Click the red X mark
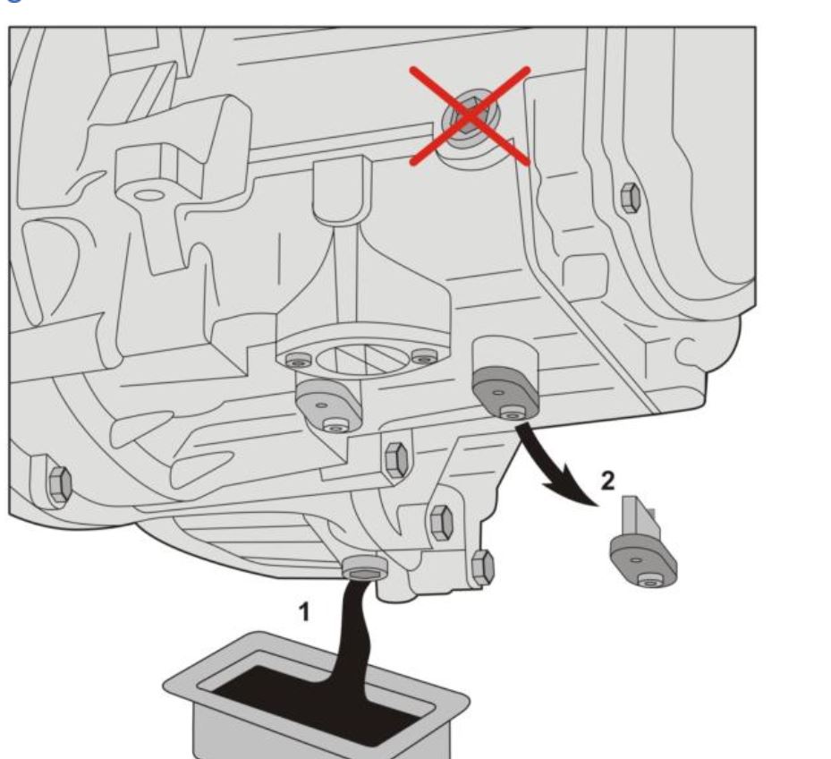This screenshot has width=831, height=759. (470, 116)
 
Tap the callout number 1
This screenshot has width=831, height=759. (303, 611)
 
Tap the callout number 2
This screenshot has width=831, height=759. (608, 481)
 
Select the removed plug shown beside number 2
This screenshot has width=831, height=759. (642, 551)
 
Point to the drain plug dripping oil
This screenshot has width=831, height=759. (365, 569)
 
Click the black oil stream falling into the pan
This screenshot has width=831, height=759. (352, 631)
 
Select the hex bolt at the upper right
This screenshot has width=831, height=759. (630, 197)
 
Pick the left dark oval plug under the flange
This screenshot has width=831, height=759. (328, 405)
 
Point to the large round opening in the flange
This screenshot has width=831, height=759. (362, 357)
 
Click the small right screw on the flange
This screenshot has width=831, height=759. (425, 358)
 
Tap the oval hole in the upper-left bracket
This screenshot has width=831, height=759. (149, 195)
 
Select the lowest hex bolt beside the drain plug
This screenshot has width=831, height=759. (482, 568)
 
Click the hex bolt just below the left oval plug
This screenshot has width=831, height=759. (396, 459)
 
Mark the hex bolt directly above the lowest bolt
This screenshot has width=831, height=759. (442, 523)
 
